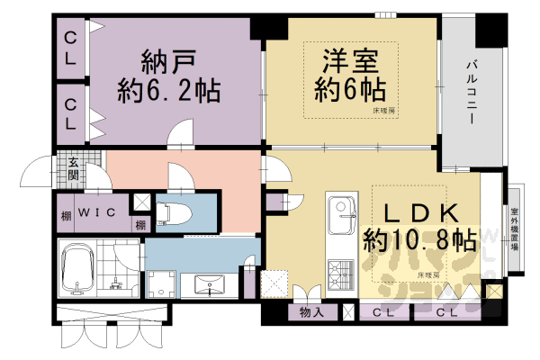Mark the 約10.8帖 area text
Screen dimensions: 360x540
[x=419, y=240]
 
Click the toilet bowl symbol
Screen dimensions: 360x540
[x=171, y=214]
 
